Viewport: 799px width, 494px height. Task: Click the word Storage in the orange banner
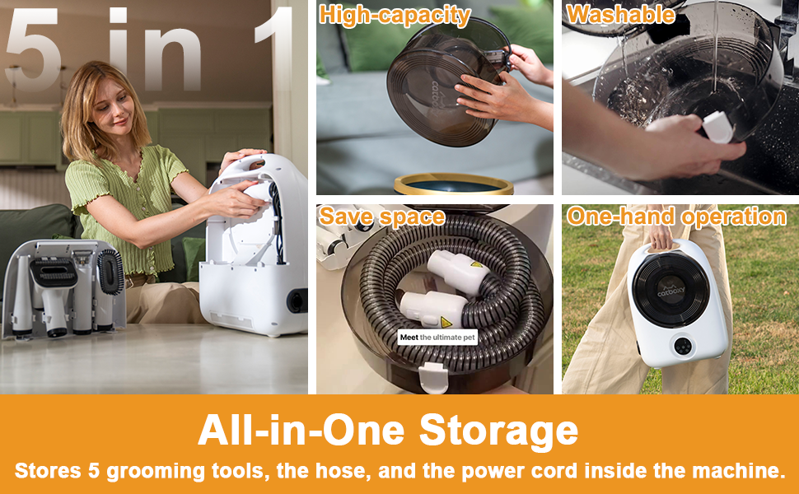pyautogui.click(x=498, y=431)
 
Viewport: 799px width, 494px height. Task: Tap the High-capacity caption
pyautogui.click(x=395, y=16)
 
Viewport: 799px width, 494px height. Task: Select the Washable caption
pyautogui.click(x=620, y=14)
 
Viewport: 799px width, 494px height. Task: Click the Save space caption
pyautogui.click(x=381, y=217)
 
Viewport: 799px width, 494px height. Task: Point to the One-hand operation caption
pyautogui.click(x=677, y=217)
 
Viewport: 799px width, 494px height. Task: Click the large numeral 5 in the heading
pyautogui.click(x=32, y=49)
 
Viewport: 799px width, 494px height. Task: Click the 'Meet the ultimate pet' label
pyautogui.click(x=437, y=337)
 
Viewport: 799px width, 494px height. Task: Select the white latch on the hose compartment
pyautogui.click(x=433, y=377)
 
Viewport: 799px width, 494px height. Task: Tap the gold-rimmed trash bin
pyautogui.click(x=453, y=184)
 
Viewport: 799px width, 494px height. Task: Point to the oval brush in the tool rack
pyautogui.click(x=110, y=272)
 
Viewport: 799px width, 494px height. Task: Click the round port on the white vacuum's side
pyautogui.click(x=297, y=301)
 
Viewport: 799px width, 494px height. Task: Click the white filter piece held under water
pyautogui.click(x=717, y=128)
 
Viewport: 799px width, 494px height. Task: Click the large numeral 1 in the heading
pyautogui.click(x=274, y=49)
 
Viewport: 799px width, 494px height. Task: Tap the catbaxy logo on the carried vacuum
pyautogui.click(x=671, y=291)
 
